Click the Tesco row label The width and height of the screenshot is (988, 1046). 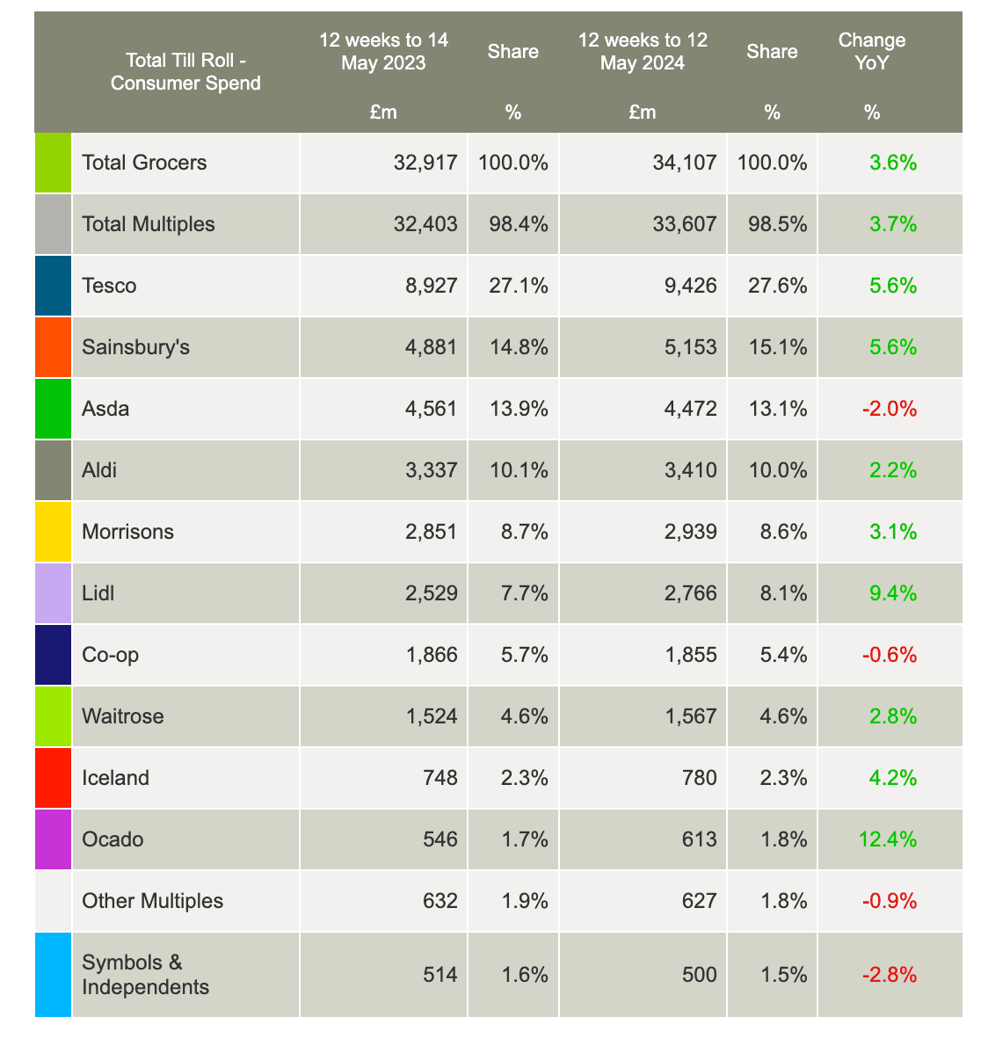click(109, 286)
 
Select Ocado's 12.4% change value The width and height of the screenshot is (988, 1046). click(887, 839)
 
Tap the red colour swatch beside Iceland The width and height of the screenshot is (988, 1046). click(53, 778)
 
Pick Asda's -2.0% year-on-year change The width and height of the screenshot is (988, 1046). click(892, 409)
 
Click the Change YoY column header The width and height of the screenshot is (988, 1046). click(871, 52)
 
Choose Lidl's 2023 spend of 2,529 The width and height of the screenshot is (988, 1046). click(426, 593)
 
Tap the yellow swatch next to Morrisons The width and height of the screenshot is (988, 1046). click(53, 532)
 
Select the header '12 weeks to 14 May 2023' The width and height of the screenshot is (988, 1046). click(383, 52)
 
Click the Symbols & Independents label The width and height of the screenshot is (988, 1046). click(145, 975)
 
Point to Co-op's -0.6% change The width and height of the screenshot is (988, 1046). click(892, 655)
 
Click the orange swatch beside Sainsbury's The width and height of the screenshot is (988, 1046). click(53, 347)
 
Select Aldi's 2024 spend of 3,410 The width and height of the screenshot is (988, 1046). click(686, 470)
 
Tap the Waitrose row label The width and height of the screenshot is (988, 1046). click(122, 716)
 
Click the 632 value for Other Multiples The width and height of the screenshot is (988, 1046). click(440, 901)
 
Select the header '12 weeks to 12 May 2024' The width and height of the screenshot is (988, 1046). click(643, 52)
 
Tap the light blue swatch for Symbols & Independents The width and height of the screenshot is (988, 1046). click(53, 975)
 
